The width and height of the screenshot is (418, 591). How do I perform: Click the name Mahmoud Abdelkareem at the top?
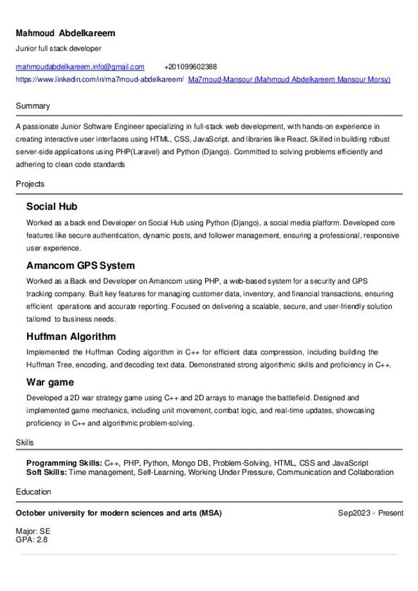[x=66, y=33]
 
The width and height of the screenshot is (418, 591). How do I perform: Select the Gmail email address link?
[x=80, y=67]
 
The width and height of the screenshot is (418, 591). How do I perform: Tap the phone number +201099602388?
[x=190, y=67]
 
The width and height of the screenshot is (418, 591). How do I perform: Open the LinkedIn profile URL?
[x=100, y=80]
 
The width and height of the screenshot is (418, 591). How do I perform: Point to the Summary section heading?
[x=33, y=106]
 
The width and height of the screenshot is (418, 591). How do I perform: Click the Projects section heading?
[x=30, y=184]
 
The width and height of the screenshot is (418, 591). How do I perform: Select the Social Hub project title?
[x=51, y=207]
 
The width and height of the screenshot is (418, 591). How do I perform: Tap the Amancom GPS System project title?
[x=80, y=265]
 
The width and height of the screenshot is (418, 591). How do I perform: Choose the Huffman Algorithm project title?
[x=71, y=337]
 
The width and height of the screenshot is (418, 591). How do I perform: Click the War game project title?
[x=50, y=382]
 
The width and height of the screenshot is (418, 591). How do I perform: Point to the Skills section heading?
[x=25, y=443]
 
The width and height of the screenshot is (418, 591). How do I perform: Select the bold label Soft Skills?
[x=46, y=472]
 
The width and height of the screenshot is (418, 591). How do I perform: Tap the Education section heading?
[x=33, y=492]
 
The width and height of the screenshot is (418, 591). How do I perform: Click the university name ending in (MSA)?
[x=119, y=513]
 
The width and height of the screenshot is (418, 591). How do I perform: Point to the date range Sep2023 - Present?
[x=371, y=513]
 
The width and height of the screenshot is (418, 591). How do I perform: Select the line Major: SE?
[x=33, y=531]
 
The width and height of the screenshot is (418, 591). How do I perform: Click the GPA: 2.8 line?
[x=32, y=540]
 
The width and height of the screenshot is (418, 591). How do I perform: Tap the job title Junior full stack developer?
[x=59, y=48]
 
